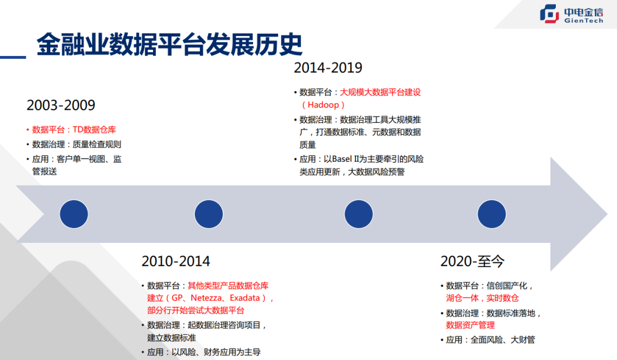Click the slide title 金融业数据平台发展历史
click(170, 44)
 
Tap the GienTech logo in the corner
click(571, 14)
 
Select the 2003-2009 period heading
click(61, 105)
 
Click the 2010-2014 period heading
click(176, 261)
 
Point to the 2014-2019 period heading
click(328, 67)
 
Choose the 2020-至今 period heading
click(472, 261)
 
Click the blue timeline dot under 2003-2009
click(74, 214)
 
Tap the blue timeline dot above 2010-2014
click(209, 214)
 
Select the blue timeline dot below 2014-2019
click(358, 214)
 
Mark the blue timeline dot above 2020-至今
click(491, 214)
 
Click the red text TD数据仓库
click(94, 130)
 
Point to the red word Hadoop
click(323, 105)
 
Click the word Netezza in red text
click(206, 298)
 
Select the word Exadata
click(245, 298)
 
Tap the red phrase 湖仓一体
click(462, 298)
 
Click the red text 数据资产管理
click(470, 325)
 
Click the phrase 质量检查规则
click(97, 145)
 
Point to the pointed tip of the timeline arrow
click(607, 214)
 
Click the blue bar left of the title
click(13, 58)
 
